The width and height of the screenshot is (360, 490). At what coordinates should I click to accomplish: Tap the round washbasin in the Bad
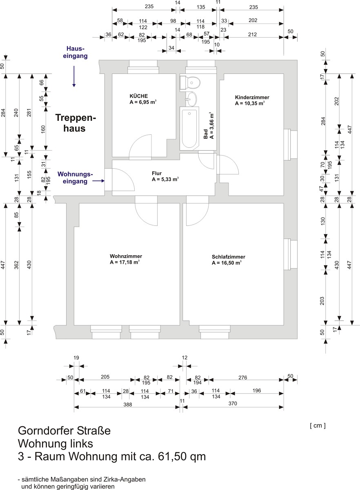tap(191, 99)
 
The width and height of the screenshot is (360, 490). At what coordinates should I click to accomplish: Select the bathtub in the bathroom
tap(189, 129)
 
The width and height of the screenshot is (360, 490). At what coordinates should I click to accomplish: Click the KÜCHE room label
tap(139, 96)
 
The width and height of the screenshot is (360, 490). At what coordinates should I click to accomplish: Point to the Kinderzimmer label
tap(252, 97)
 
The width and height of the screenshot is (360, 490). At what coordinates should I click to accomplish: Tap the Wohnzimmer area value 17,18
tap(129, 262)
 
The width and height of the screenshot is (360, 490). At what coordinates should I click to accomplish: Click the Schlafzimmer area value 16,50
tap(231, 263)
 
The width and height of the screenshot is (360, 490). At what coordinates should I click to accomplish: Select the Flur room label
tap(157, 173)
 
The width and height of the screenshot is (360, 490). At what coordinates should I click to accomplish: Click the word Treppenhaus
tap(76, 123)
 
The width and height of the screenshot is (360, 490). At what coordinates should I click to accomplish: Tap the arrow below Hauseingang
tap(74, 76)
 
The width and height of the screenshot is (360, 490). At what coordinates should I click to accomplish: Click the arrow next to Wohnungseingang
tap(98, 181)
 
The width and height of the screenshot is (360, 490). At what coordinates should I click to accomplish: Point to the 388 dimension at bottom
tap(127, 405)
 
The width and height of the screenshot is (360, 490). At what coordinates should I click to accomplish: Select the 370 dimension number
tap(233, 403)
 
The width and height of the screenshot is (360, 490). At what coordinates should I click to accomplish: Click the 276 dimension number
tap(243, 377)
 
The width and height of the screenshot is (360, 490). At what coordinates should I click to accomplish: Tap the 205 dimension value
tap(105, 377)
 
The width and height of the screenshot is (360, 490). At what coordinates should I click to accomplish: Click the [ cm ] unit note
tap(318, 425)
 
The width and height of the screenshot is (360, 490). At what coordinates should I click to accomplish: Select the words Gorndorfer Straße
tap(64, 431)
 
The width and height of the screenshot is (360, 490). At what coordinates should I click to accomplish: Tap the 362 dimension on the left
tap(16, 265)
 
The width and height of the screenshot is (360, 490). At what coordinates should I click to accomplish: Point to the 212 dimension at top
tap(252, 34)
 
